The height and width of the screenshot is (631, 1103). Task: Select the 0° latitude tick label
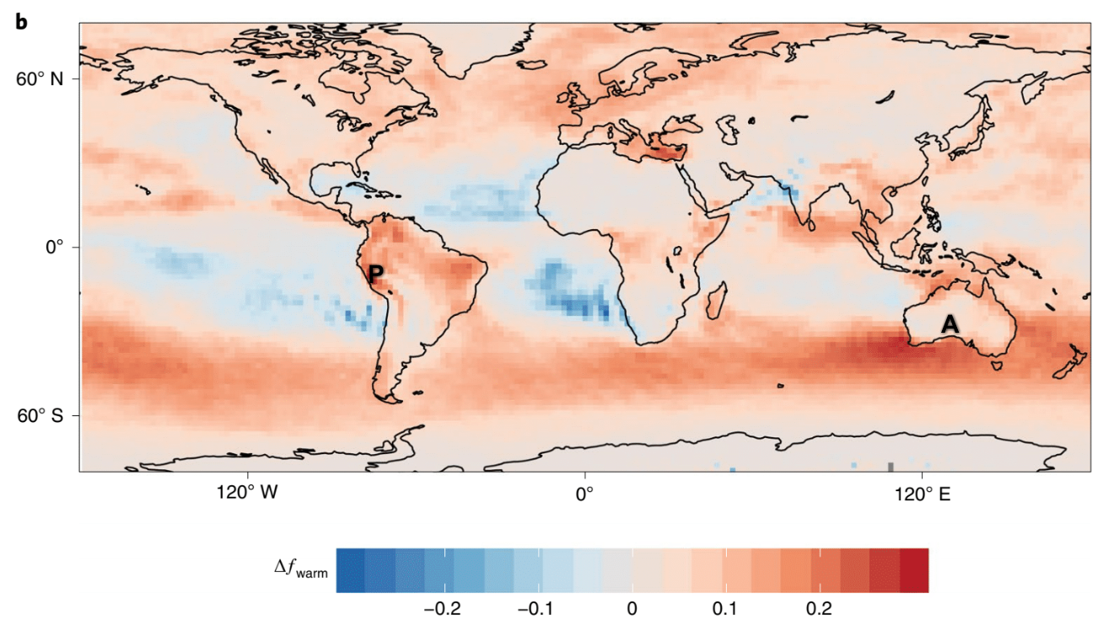(55, 248)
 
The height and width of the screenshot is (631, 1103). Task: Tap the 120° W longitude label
(246, 494)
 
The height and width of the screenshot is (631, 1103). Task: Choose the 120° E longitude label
(923, 494)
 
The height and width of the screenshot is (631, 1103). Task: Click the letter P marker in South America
(376, 273)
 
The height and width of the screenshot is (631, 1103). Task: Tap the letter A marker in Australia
(950, 324)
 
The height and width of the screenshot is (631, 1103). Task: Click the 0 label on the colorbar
(632, 608)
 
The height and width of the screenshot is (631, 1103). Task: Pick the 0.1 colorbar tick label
(725, 608)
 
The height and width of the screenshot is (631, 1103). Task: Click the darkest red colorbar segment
(913, 570)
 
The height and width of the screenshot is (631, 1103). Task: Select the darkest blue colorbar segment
(351, 570)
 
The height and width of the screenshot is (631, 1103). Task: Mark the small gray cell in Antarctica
(890, 467)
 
